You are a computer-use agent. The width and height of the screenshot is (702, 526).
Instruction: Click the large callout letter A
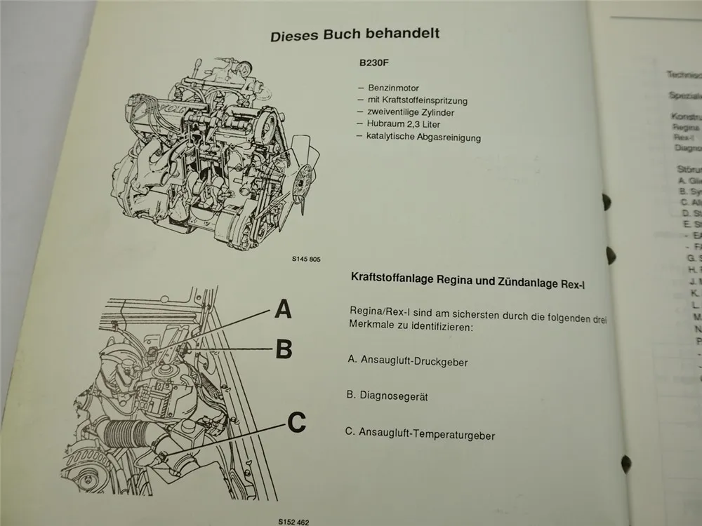click(283, 309)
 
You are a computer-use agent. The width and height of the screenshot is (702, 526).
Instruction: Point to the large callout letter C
click(297, 422)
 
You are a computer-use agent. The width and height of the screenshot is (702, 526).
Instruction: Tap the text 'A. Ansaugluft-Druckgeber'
click(408, 361)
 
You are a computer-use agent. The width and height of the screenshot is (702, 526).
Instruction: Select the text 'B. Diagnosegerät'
click(388, 396)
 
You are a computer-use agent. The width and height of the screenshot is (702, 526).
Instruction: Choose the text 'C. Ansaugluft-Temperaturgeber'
click(420, 434)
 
